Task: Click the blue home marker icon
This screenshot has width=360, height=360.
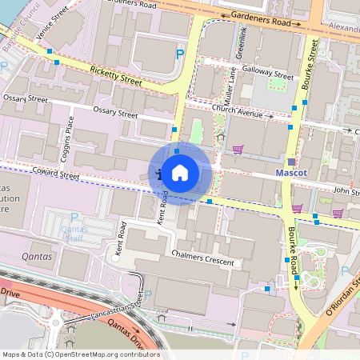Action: tap(180, 172)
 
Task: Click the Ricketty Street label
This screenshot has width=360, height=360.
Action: tap(116, 76)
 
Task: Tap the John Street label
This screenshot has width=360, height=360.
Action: tap(347, 191)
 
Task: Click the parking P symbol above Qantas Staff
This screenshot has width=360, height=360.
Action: tap(74, 217)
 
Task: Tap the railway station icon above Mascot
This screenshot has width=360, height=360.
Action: tap(291, 162)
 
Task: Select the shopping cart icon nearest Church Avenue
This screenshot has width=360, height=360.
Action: tap(237, 149)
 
